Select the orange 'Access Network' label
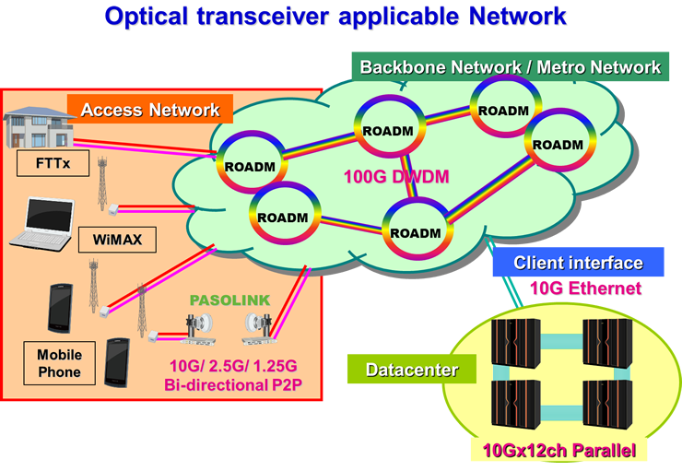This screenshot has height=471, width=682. (x=150, y=110)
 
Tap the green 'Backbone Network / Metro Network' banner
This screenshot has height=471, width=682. (x=510, y=67)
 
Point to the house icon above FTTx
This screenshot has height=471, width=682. (x=38, y=129)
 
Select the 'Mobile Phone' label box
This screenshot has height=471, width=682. (x=59, y=363)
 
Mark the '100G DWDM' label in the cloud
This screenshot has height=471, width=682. (x=395, y=176)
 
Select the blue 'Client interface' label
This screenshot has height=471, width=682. (x=578, y=264)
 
